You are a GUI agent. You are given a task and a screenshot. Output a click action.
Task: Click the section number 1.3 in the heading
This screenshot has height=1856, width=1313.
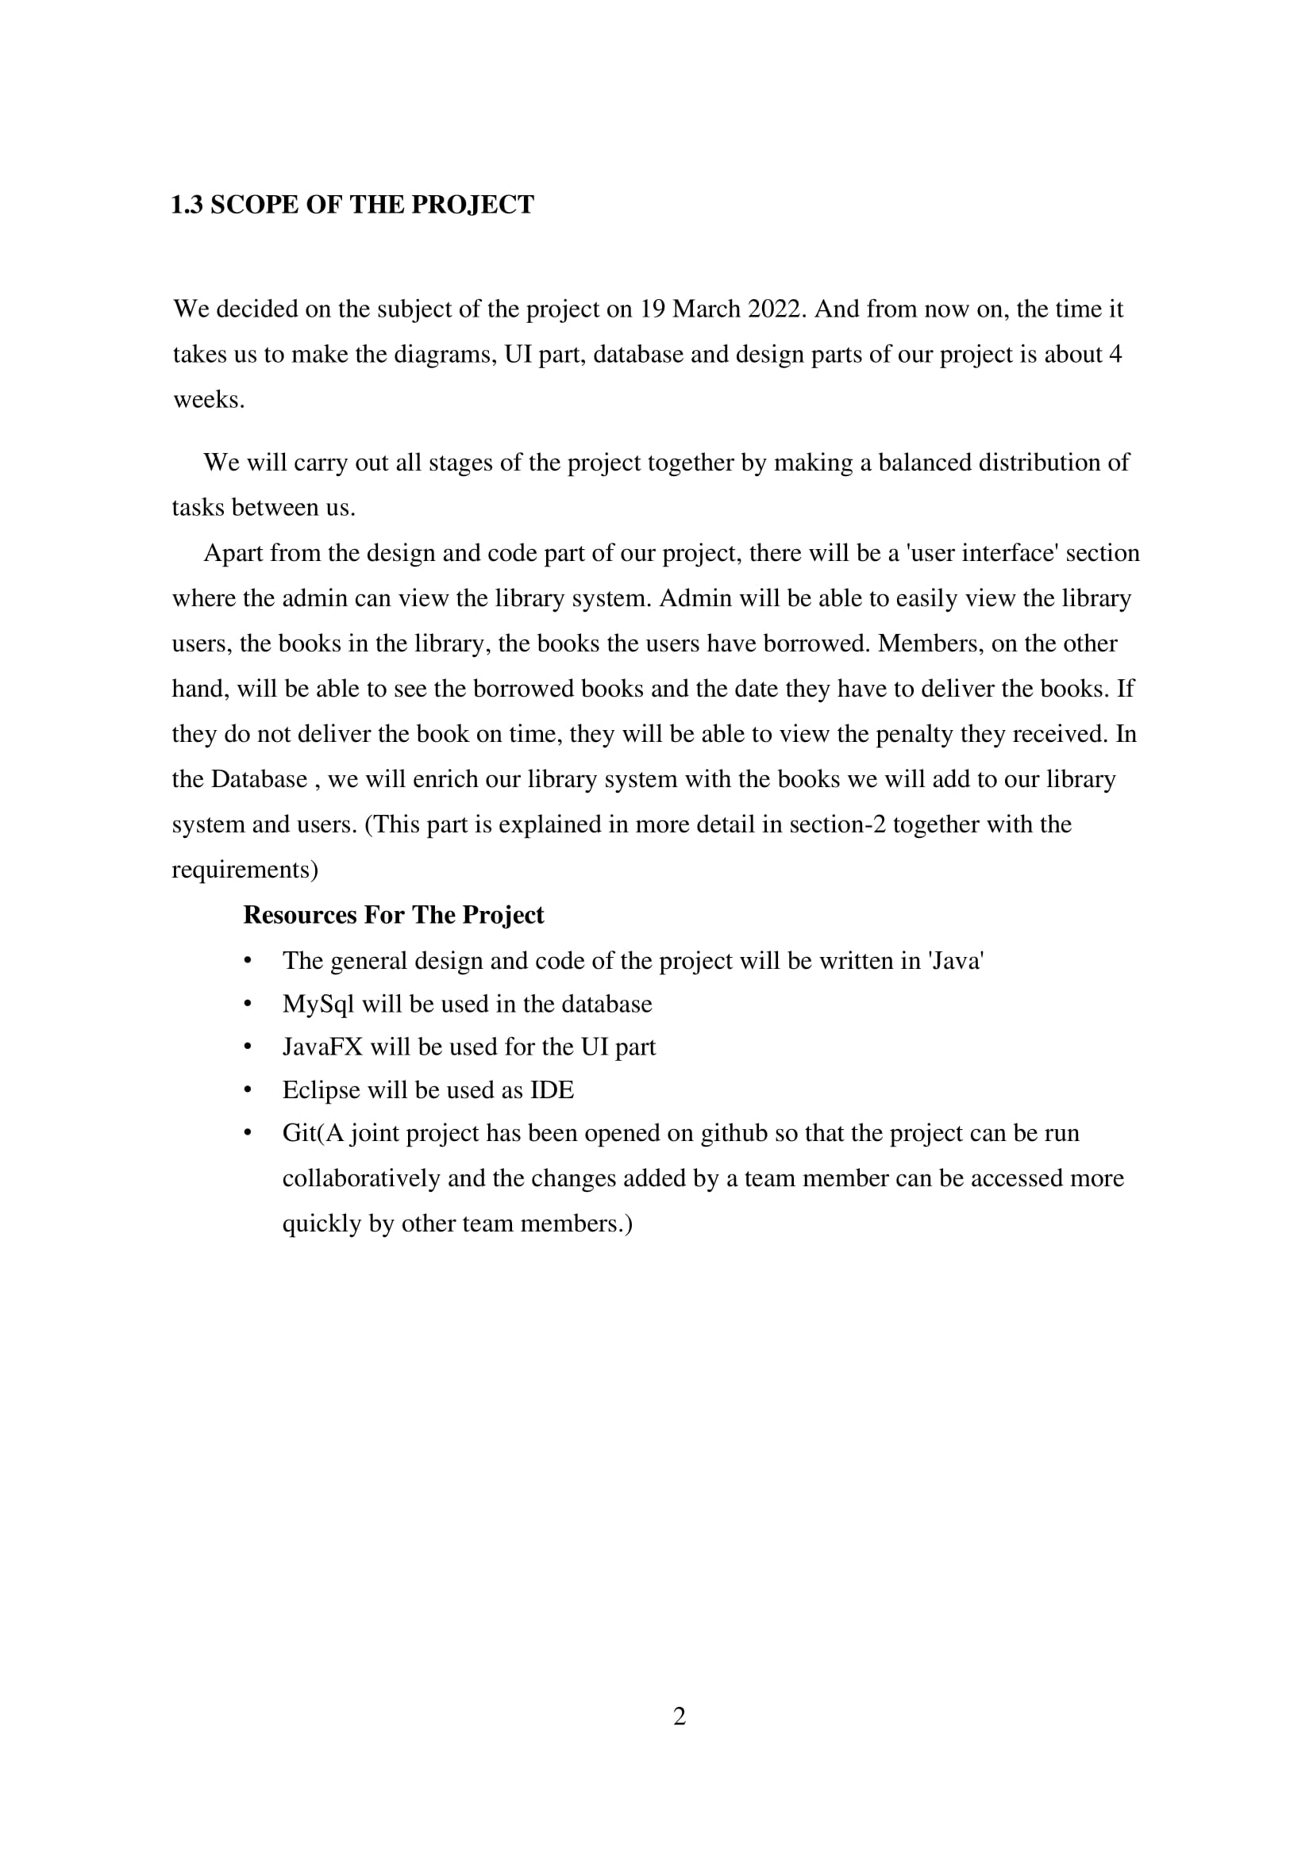click(187, 205)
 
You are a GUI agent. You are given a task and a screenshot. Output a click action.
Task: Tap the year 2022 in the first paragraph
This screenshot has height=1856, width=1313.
click(776, 309)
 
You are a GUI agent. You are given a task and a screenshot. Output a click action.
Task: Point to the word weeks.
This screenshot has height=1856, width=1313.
click(209, 399)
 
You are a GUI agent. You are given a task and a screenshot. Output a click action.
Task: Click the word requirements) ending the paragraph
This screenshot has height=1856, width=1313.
click(245, 870)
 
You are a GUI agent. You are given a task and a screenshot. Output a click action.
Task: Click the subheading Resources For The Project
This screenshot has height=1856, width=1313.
click(393, 915)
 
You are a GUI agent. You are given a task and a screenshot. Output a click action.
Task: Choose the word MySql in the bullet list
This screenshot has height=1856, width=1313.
click(318, 1004)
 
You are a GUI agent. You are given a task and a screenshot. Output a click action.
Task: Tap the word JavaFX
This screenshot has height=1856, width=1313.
click(322, 1047)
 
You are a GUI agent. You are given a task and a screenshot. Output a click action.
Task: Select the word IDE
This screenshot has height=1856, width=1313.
click(552, 1090)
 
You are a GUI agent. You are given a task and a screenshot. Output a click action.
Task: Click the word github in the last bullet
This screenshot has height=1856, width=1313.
click(734, 1133)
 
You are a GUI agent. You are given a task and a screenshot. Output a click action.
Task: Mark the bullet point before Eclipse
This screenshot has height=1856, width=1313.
click(248, 1090)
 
